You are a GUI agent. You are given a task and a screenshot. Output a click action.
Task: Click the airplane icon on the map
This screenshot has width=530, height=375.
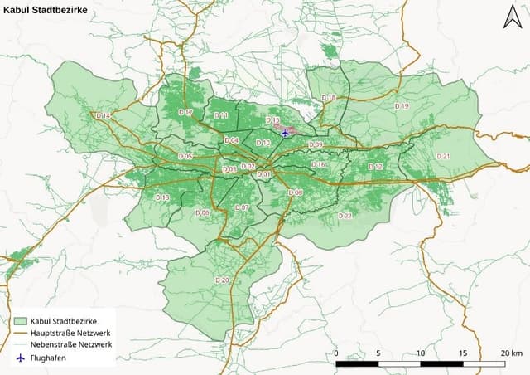285,132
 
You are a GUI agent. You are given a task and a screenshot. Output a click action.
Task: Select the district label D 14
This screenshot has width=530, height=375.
103,115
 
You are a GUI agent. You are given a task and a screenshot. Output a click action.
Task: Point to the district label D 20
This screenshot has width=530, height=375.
221,280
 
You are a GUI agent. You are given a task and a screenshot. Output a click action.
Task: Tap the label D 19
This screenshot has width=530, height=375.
402,106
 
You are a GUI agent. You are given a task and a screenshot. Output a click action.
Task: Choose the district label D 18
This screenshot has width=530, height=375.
329,98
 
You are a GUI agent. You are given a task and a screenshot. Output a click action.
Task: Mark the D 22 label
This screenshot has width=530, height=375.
345,215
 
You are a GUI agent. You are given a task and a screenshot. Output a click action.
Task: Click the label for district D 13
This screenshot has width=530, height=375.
162,197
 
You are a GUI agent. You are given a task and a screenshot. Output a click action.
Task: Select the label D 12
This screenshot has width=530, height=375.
375,167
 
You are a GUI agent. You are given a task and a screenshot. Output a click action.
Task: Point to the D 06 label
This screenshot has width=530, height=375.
202,213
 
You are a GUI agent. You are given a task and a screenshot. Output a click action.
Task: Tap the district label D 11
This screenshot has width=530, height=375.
220,114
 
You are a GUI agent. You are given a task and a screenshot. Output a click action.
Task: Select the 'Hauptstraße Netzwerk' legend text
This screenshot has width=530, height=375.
71,332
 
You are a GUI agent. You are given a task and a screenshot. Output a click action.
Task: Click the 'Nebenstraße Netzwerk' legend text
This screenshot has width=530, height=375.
71,344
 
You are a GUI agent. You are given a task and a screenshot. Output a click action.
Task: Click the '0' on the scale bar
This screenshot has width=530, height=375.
336,353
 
